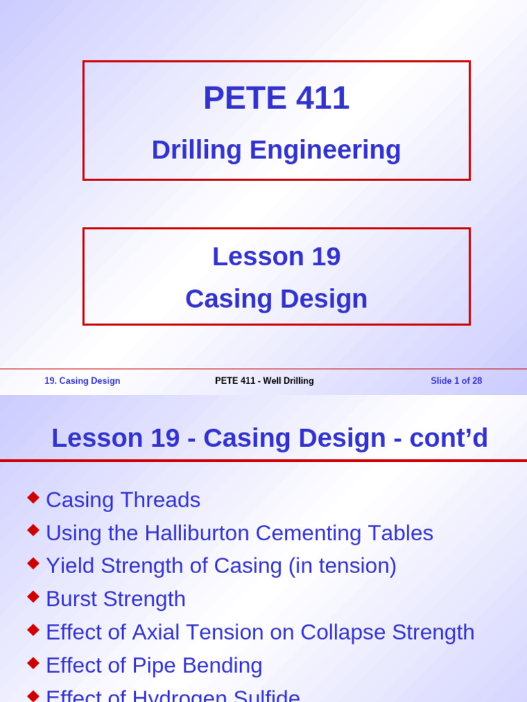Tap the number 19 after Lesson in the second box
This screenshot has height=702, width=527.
point(326,256)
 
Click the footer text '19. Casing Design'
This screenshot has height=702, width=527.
point(82,381)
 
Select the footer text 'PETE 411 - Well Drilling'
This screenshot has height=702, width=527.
point(264,381)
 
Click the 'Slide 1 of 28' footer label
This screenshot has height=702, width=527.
point(456,381)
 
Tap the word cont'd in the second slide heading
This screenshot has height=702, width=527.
point(449,438)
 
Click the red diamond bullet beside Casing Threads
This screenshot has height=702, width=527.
point(33,497)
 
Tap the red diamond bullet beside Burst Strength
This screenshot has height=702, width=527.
point(33,596)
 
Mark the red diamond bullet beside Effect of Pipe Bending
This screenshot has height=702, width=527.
point(33,663)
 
